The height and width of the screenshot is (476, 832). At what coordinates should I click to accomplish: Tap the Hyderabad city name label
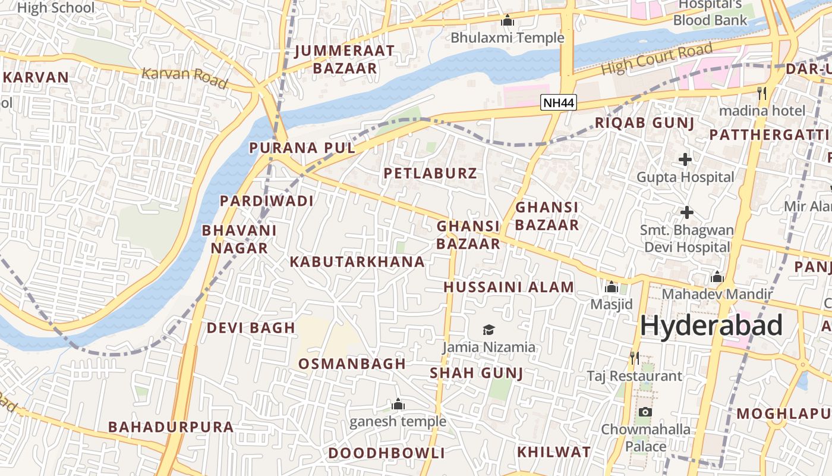click(711, 326)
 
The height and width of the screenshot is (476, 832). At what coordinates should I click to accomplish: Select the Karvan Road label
click(185, 77)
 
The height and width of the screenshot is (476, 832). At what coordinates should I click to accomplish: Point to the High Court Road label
click(657, 59)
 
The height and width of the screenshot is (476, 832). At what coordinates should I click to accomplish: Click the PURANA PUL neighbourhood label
click(302, 148)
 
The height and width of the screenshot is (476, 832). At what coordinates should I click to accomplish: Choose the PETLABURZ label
click(430, 174)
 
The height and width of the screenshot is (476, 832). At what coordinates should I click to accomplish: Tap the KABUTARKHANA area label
click(357, 262)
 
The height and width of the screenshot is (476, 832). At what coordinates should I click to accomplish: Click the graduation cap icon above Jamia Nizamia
click(489, 330)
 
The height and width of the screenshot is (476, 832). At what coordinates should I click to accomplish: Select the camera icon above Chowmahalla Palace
click(645, 412)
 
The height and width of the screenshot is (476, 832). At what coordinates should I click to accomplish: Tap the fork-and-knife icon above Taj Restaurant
click(635, 358)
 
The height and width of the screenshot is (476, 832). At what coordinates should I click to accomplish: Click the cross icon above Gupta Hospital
click(685, 159)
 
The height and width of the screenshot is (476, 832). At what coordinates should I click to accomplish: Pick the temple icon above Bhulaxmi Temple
click(507, 21)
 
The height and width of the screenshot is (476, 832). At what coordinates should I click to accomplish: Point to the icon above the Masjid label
click(612, 287)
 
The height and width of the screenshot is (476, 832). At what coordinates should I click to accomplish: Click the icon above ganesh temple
click(398, 405)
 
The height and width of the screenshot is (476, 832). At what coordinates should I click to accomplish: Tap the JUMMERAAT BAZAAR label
click(345, 59)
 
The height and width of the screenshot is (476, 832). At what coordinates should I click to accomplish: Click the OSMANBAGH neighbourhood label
click(352, 364)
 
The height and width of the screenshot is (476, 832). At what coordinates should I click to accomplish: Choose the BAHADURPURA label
click(171, 427)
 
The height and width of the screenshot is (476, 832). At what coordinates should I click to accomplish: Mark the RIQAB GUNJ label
click(645, 123)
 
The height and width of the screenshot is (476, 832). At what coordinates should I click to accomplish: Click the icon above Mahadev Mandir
click(717, 277)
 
